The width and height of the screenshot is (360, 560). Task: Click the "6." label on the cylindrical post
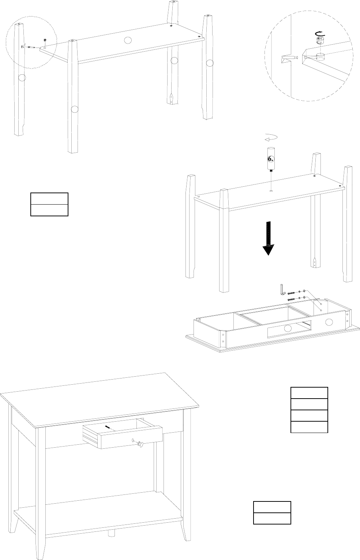coord(270,159)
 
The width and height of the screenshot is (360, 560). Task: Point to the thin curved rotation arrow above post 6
coord(271,138)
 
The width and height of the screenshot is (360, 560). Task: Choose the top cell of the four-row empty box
coord(309,393)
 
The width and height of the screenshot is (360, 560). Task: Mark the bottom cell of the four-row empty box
coord(309,427)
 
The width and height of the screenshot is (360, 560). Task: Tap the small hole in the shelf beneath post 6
coord(270,191)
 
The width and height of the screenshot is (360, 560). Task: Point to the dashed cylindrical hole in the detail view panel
coord(320,57)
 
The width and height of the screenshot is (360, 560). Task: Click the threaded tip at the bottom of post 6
coord(270,170)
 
